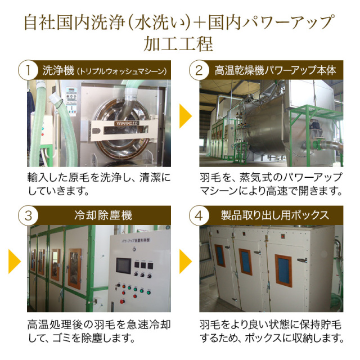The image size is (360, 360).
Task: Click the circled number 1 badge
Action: point(28,70)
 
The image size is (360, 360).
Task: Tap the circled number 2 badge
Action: point(199,70)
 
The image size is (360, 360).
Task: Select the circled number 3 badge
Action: point(28,215)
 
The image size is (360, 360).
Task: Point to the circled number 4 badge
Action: point(199,215)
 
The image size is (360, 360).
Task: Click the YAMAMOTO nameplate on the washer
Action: point(127,124)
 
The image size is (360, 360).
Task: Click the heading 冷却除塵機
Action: point(103,215)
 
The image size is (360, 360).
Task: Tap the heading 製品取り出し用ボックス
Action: point(275,215)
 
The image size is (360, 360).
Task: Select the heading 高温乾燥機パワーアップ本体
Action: point(275,70)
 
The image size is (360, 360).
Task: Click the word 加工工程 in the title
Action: point(178,44)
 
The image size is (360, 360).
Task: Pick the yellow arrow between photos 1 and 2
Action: point(185,116)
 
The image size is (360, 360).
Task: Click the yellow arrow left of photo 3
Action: point(14,261)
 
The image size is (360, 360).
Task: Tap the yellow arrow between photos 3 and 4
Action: point(185,261)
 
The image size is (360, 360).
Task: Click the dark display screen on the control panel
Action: point(123,266)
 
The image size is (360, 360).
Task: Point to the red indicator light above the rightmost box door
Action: point(283,236)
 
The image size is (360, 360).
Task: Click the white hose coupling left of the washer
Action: point(56,99)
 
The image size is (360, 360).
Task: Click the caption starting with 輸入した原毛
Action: point(99,184)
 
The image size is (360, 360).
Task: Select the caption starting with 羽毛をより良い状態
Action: point(272,331)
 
